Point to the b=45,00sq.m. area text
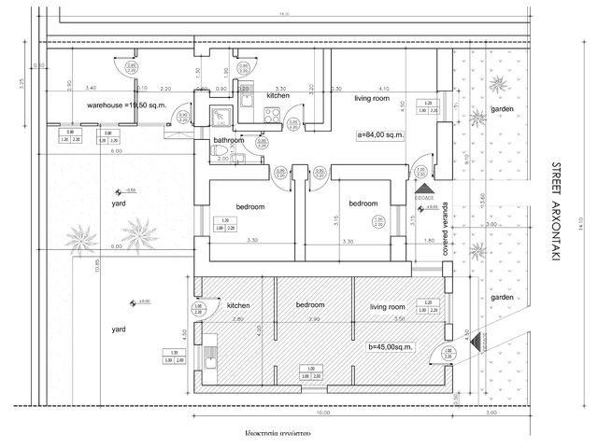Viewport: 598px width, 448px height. click(391, 347)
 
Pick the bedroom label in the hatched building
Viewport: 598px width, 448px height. click(309, 305)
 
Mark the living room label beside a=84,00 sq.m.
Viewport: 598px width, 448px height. click(371, 97)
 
